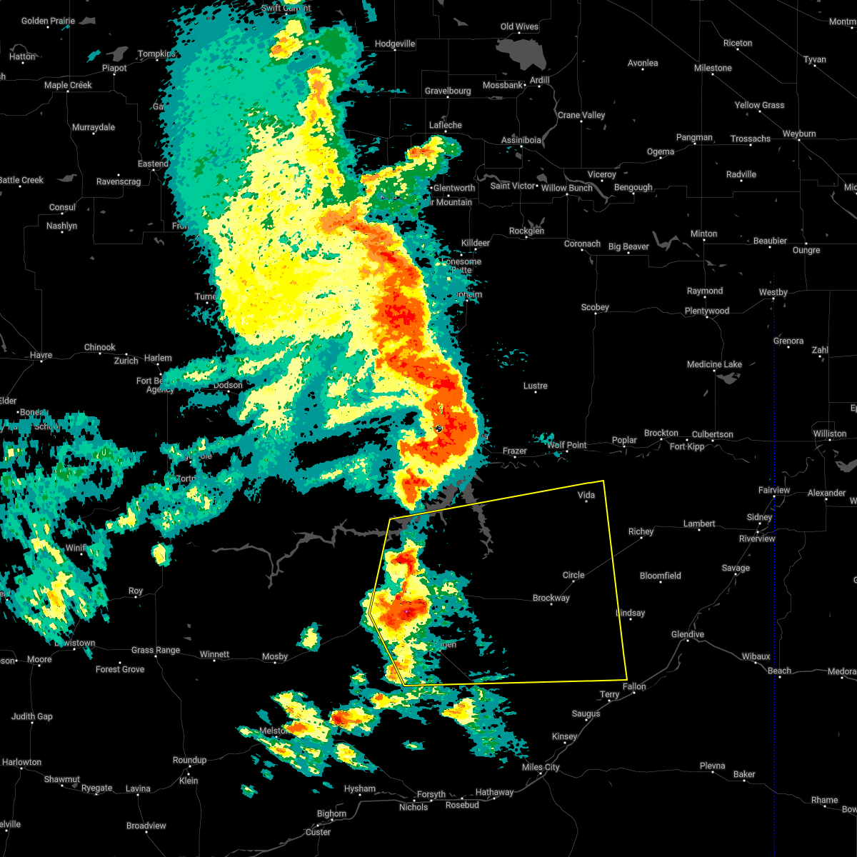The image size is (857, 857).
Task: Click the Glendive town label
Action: [687, 634]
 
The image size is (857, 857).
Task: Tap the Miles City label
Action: [541, 767]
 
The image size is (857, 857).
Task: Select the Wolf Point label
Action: [566, 445]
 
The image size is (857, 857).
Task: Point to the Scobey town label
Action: [594, 307]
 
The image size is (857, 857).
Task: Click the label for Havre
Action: [41, 355]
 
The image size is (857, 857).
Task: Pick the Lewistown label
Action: [75, 643]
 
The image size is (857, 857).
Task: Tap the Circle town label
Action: [573, 575]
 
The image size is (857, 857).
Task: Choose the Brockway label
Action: [551, 598]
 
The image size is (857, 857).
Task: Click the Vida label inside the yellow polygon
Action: [586, 495]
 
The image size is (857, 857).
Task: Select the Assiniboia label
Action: [521, 140]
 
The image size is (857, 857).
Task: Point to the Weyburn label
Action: [798, 134]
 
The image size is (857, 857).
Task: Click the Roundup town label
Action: [189, 760]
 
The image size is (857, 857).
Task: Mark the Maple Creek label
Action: [68, 85]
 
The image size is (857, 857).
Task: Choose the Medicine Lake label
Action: [714, 364]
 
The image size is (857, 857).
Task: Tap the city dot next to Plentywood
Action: [706, 316]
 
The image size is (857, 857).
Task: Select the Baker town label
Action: [744, 774]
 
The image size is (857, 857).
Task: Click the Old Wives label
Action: [519, 26]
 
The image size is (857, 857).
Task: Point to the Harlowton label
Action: [21, 762]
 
